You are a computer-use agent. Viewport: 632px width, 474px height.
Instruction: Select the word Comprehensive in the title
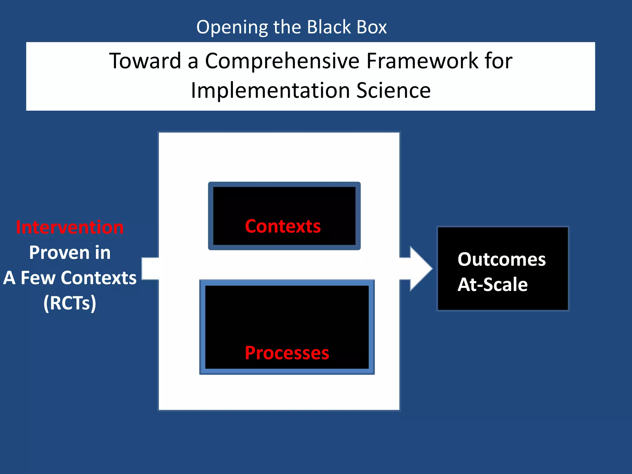pyautogui.click(x=282, y=61)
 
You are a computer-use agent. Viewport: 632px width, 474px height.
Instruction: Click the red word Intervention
pyautogui.click(x=70, y=227)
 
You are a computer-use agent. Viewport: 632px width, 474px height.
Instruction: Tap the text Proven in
pyautogui.click(x=70, y=253)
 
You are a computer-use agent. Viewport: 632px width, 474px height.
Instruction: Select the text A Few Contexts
pyautogui.click(x=70, y=278)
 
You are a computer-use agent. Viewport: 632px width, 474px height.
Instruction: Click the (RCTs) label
pyautogui.click(x=70, y=303)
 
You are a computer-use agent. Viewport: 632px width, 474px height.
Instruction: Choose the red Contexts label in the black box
pyautogui.click(x=283, y=226)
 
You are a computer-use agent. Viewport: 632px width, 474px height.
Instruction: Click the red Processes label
pyautogui.click(x=287, y=353)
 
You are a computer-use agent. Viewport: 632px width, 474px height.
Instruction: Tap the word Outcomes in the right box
pyautogui.click(x=501, y=259)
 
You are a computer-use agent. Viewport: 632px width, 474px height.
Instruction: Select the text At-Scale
pyautogui.click(x=493, y=285)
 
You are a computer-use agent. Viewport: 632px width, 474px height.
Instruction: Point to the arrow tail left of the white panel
pyautogui.click(x=150, y=268)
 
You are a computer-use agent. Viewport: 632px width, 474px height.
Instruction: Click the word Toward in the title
pyautogui.click(x=145, y=61)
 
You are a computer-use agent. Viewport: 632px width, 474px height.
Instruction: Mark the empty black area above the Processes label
pyautogui.click(x=287, y=312)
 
